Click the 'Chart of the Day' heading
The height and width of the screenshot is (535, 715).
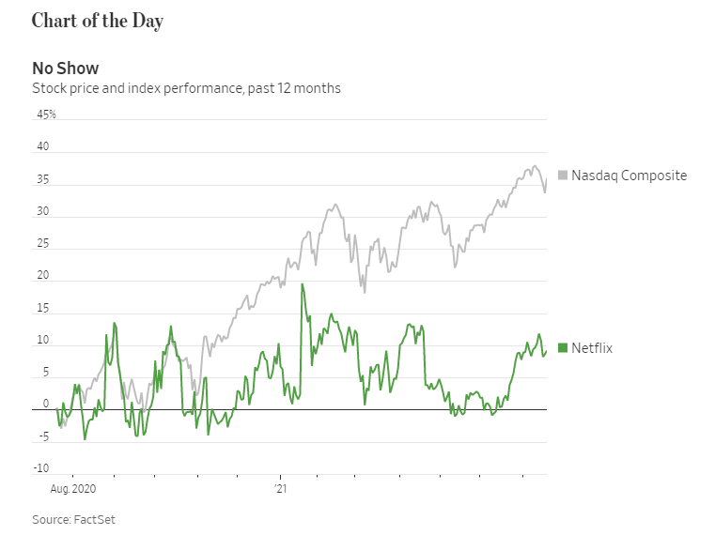coord(97,22)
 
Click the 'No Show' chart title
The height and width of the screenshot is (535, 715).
coord(65,68)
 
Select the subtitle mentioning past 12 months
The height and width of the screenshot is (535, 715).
coord(186,88)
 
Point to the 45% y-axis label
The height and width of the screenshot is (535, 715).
coord(46,115)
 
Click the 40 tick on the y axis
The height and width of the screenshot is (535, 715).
coord(42,147)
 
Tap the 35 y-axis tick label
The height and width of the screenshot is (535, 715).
coord(42,180)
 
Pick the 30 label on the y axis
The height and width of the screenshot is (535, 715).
coord(42,213)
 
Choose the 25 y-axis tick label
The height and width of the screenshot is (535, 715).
coord(42,245)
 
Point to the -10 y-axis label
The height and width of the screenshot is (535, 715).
coord(40,468)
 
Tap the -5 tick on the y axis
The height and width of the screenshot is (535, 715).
coord(42,436)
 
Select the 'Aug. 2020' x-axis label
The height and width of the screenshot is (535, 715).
coord(72,489)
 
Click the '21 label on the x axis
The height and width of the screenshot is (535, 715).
coord(279,489)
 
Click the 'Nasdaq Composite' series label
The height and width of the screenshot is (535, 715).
coord(630,176)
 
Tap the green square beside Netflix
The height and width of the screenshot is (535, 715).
coord(563,348)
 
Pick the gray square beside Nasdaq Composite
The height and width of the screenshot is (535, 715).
coord(563,176)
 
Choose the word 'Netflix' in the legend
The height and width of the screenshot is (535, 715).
coord(592,348)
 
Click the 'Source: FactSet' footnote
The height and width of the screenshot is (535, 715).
coord(73,519)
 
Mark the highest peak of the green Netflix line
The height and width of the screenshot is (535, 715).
coord(302,284)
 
